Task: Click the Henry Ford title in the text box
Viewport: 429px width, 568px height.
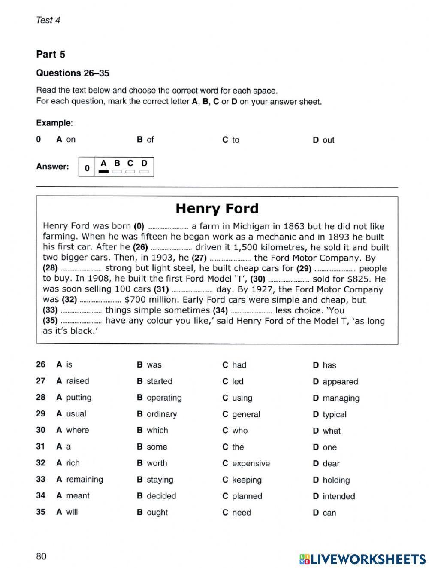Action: click(x=217, y=209)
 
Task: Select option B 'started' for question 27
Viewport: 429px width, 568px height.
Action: click(x=154, y=381)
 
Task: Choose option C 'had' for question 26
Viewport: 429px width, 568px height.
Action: click(x=234, y=365)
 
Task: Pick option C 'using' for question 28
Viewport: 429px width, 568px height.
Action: click(x=237, y=398)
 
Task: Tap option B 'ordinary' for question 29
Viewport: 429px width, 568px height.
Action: click(x=157, y=414)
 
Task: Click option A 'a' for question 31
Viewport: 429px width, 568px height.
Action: click(x=64, y=447)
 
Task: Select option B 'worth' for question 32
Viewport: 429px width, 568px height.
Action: click(x=152, y=463)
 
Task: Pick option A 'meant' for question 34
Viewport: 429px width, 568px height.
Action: click(x=73, y=496)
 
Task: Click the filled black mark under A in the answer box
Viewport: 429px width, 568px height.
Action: click(x=103, y=172)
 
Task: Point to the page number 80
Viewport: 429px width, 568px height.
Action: click(x=41, y=556)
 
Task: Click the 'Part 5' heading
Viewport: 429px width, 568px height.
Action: click(x=51, y=54)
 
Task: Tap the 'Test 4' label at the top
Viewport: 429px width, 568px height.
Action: click(x=48, y=20)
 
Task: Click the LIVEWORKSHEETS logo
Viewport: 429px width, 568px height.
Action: click(x=363, y=559)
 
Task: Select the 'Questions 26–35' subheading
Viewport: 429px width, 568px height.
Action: click(x=73, y=73)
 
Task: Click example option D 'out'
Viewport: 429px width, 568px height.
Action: click(x=323, y=140)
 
